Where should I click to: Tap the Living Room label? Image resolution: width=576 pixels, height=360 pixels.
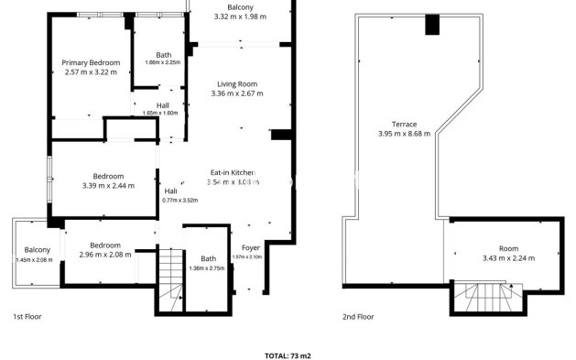[236, 83]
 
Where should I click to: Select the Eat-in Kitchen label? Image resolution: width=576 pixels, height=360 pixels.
[233, 172]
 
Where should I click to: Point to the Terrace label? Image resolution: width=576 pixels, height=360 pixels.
[404, 125]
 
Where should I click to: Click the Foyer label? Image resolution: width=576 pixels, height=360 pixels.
[250, 248]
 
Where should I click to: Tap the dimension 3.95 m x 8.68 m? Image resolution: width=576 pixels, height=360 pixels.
[404, 135]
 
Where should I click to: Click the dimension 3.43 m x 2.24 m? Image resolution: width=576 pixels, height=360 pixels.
[507, 258]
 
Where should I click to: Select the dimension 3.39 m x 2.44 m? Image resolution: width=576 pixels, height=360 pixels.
[107, 186]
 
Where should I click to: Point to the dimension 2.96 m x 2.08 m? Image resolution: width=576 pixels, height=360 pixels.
[104, 255]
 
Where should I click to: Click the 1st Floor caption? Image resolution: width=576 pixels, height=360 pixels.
[27, 317]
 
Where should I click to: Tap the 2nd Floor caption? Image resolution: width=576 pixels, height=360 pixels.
[358, 317]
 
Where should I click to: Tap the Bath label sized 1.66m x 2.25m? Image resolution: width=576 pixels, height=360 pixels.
[163, 54]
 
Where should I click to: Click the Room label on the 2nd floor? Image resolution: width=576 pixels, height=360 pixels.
[507, 248]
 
